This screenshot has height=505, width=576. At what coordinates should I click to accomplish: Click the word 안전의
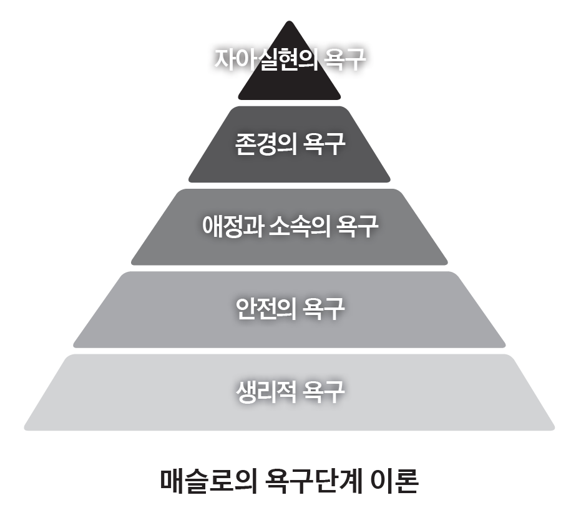(x=263, y=308)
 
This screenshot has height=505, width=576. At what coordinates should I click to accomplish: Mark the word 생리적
(x=263, y=391)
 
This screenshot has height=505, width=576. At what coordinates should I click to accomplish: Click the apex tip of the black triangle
(x=289, y=23)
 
